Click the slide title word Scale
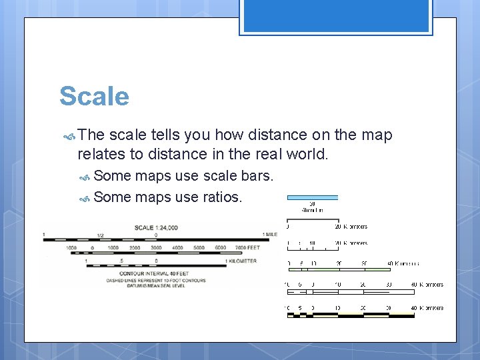coord(94,97)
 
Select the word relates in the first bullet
coord(101,154)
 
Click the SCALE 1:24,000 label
coord(156,228)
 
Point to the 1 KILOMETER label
coord(241,261)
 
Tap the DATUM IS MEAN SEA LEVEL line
coord(156,286)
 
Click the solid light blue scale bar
coord(313,198)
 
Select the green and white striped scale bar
coord(339,269)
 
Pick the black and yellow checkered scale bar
coord(350,315)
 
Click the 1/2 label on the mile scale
coord(100,235)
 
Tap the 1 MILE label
coord(269,235)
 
